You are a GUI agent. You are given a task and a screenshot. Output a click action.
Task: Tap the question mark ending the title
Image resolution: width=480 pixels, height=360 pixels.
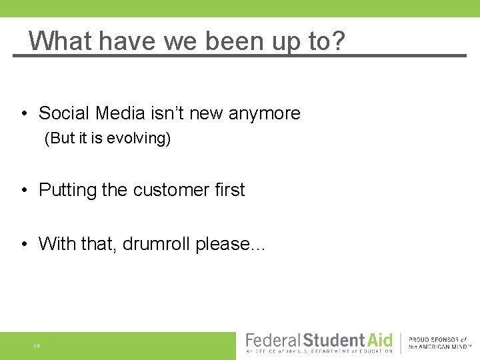click(338, 41)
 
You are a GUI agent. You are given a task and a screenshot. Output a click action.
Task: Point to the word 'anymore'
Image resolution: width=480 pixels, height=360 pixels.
click(265, 114)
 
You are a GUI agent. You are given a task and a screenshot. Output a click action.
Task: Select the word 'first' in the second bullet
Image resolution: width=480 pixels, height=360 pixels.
click(230, 190)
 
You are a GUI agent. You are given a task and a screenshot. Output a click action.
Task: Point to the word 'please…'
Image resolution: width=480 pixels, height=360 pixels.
click(231, 245)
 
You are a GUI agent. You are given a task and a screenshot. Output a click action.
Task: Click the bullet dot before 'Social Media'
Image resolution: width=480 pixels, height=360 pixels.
click(23, 114)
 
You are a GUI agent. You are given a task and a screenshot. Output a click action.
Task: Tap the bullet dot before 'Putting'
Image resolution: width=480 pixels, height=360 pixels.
click(23, 191)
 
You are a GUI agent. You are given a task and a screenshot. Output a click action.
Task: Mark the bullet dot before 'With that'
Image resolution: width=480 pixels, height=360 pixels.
click(23, 245)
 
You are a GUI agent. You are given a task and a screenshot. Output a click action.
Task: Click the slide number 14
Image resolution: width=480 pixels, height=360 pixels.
click(36, 346)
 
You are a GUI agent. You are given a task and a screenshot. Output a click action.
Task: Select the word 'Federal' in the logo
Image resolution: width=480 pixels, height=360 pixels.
click(273, 340)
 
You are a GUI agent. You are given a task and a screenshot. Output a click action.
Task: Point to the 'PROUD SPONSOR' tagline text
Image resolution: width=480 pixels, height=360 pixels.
click(438, 340)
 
